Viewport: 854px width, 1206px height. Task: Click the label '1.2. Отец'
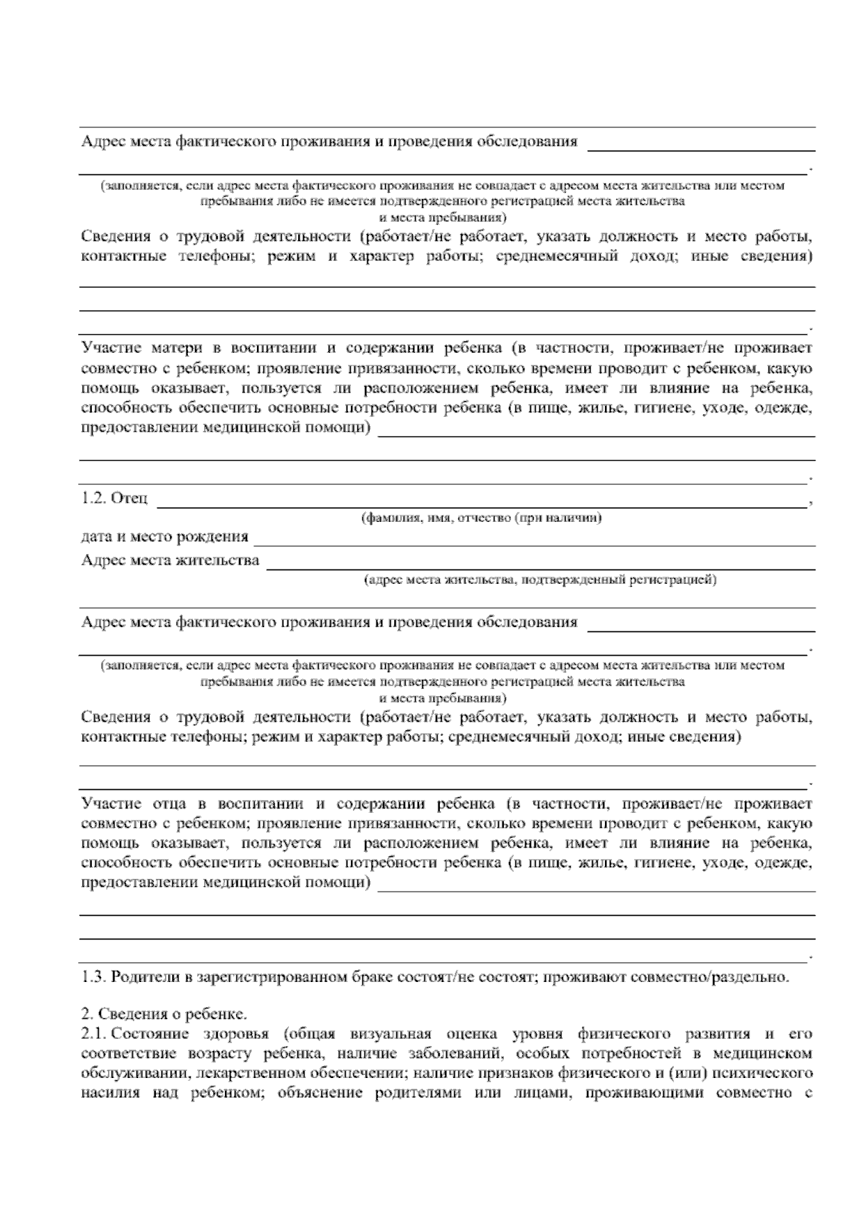coord(115,499)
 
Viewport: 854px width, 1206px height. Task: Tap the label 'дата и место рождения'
coord(164,536)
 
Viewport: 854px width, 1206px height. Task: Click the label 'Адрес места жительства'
coord(170,560)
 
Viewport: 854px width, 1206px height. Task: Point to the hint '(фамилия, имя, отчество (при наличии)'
coord(482,518)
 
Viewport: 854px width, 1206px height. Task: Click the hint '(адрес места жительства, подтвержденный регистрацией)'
coord(540,580)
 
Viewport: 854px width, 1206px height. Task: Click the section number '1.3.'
coord(93,976)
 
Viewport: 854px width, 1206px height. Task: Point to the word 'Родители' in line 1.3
coord(141,976)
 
